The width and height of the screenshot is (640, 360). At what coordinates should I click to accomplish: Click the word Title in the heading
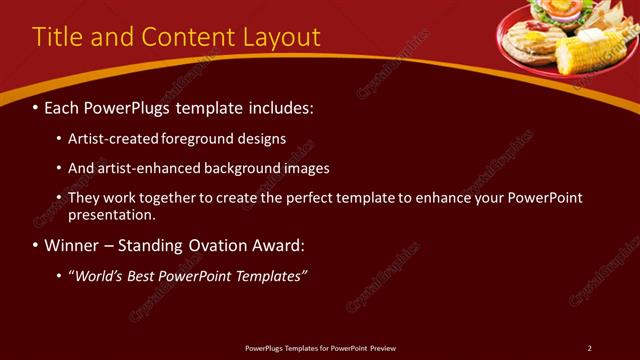(58, 38)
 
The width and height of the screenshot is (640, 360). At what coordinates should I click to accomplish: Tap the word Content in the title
(183, 38)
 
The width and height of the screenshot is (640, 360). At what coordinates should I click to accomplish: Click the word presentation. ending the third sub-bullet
(112, 214)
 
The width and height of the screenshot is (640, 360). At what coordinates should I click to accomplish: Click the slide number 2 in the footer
(589, 348)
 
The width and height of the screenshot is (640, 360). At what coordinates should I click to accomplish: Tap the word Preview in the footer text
(383, 348)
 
